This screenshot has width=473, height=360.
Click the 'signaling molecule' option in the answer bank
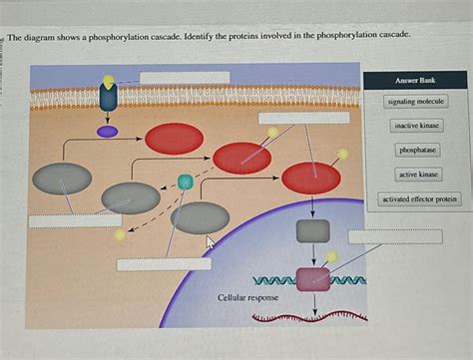point(417,102)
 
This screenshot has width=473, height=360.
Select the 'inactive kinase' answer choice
point(417,127)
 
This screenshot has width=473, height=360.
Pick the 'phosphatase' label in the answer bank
point(417,151)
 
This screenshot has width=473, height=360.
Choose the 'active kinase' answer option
point(417,175)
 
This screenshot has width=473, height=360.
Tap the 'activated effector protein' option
point(419,199)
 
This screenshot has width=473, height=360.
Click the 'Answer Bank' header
point(415,80)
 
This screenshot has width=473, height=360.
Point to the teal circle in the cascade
point(185,181)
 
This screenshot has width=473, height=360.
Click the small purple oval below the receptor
point(107,131)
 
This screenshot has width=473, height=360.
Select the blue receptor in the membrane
point(107,97)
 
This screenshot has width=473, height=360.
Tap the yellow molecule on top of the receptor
point(108,80)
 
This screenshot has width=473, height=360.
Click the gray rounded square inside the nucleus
point(313,232)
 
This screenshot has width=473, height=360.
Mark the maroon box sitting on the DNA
point(313,279)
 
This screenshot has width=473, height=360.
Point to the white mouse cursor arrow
point(211,241)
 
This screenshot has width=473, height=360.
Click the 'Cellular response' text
point(248,298)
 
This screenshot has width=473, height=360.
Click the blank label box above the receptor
point(185,78)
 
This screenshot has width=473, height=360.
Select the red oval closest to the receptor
point(174,139)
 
